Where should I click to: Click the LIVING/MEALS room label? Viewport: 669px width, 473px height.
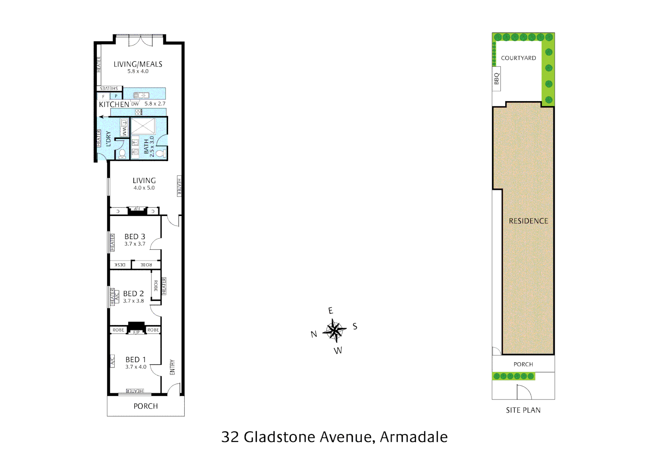[x=138, y=64]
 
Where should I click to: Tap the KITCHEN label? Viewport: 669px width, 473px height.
[x=114, y=104]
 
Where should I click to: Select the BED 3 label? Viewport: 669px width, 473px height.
[x=135, y=236]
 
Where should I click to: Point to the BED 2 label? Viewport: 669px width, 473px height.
[x=134, y=293]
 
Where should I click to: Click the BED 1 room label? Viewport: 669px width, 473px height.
[x=136, y=360]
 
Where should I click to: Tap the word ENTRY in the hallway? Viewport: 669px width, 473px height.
[x=172, y=367]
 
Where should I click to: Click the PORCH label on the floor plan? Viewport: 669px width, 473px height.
[x=146, y=406]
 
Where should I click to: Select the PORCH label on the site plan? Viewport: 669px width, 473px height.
[x=523, y=364]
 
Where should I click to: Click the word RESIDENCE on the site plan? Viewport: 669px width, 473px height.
[x=528, y=221]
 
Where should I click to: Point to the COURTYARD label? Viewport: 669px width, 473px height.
[x=518, y=58]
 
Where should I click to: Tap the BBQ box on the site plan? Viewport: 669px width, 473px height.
[x=496, y=79]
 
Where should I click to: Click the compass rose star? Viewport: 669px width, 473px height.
[x=334, y=330]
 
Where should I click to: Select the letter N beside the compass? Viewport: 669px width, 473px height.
[x=313, y=334]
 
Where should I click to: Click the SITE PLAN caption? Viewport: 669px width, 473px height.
[x=523, y=410]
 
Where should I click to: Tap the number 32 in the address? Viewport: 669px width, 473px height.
[x=230, y=437]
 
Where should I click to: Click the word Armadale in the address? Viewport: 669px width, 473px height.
[x=414, y=437]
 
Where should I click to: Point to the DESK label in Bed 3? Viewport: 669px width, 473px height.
[x=120, y=265]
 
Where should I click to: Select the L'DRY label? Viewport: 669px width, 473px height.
[x=108, y=139]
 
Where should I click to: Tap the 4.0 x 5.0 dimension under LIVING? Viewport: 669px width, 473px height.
[x=144, y=188]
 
